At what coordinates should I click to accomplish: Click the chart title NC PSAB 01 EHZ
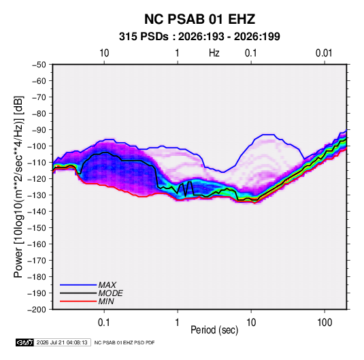199,19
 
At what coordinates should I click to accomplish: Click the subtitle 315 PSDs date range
199,37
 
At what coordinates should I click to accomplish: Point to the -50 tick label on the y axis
39,65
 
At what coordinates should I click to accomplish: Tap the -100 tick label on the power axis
37,146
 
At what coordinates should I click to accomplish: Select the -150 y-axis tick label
37,228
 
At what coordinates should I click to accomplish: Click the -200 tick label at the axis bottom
37,310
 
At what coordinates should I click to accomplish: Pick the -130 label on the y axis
37,195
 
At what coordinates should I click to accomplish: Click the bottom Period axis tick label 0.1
104,323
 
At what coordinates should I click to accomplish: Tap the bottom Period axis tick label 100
325,323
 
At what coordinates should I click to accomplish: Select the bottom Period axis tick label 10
251,323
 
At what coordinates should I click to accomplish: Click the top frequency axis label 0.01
324,53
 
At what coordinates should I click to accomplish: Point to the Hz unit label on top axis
214,53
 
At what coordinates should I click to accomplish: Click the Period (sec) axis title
214,330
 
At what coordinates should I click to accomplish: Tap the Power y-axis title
18,187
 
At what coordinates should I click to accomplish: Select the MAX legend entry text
107,285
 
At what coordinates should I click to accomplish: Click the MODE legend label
110,293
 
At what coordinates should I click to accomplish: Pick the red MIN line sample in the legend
78,301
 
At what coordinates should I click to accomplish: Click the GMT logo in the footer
24,342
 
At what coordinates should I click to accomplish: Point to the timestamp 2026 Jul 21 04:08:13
62,342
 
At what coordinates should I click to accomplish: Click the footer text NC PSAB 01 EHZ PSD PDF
125,342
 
